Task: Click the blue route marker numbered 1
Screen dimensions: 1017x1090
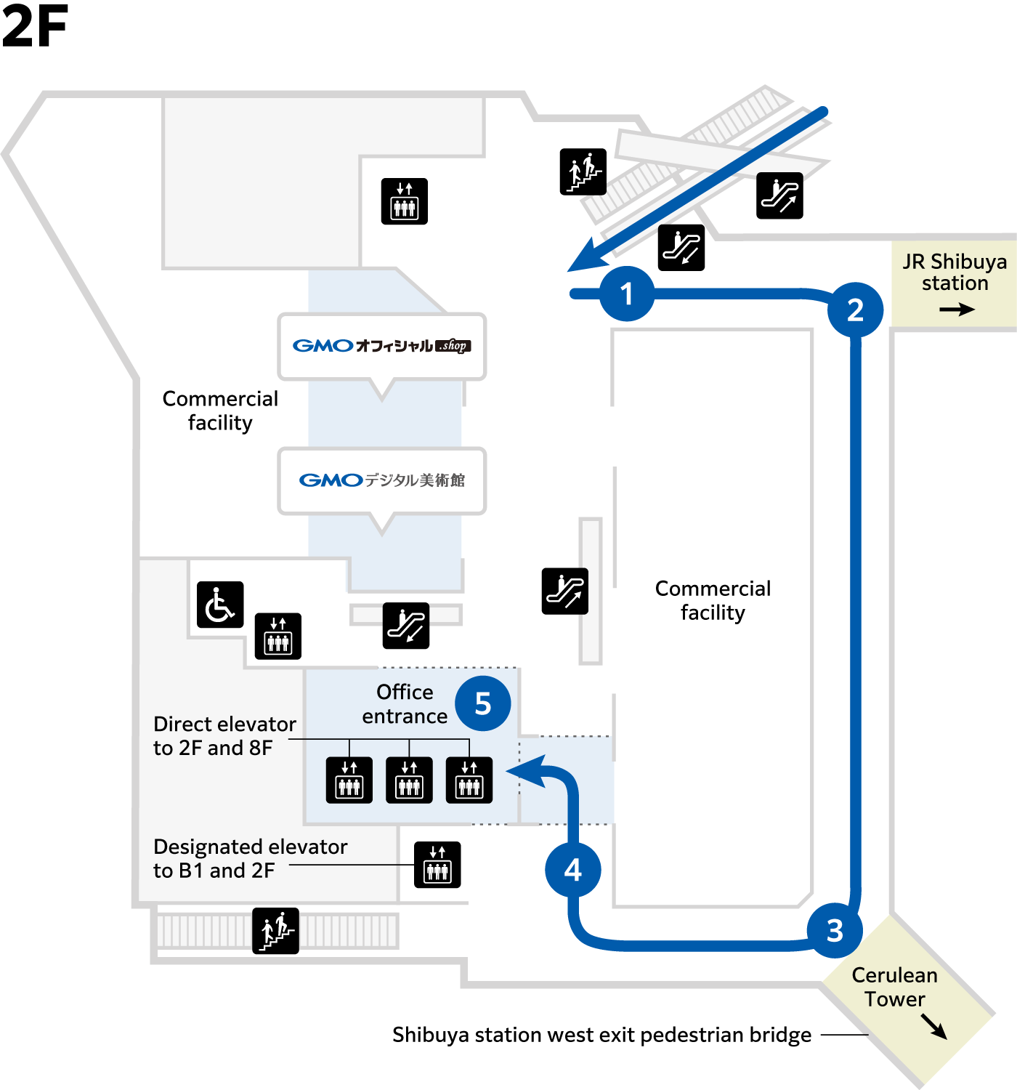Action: (627, 294)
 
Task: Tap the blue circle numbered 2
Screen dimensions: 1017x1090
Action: (855, 310)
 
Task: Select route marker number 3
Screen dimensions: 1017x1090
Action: (835, 930)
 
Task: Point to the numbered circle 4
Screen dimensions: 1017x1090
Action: (573, 870)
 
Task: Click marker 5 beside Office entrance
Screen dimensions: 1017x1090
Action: (483, 703)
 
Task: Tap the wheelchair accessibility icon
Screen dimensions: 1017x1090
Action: (220, 605)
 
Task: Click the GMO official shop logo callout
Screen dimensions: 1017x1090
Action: (382, 346)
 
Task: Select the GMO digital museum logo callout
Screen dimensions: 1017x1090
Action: (382, 480)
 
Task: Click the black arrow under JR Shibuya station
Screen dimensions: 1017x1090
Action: (957, 310)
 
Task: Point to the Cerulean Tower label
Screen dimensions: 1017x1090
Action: (895, 987)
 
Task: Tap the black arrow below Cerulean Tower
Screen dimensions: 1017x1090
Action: (934, 1026)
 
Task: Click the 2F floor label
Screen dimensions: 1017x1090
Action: (35, 25)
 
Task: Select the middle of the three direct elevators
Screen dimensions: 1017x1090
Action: (409, 780)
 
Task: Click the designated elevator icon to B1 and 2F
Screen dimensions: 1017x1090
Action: (437, 865)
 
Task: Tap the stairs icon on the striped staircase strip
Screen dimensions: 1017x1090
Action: (275, 931)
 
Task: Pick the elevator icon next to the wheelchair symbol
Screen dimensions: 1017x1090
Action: (277, 636)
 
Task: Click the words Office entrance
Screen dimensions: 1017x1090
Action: (405, 704)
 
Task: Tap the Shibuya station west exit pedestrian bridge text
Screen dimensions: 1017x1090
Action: (602, 1035)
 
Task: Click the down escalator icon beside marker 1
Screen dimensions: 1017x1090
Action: (681, 248)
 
